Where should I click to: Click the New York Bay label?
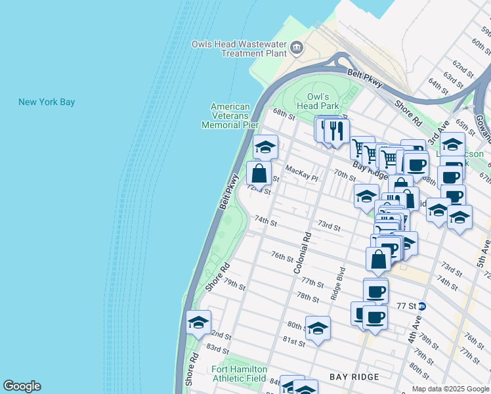click(x=47, y=102)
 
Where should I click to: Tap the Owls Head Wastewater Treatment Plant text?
click(x=240, y=49)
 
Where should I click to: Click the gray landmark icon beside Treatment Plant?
click(x=297, y=47)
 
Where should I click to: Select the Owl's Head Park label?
click(x=317, y=101)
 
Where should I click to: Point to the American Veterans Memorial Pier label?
click(x=230, y=116)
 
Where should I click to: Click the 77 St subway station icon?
click(x=423, y=306)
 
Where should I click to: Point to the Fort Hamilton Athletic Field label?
click(x=239, y=374)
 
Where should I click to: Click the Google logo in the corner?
click(x=22, y=386)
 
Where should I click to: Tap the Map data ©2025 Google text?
click(x=450, y=388)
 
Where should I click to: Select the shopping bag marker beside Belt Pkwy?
click(x=259, y=174)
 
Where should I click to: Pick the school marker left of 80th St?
click(x=318, y=328)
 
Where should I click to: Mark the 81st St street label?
click(x=293, y=342)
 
